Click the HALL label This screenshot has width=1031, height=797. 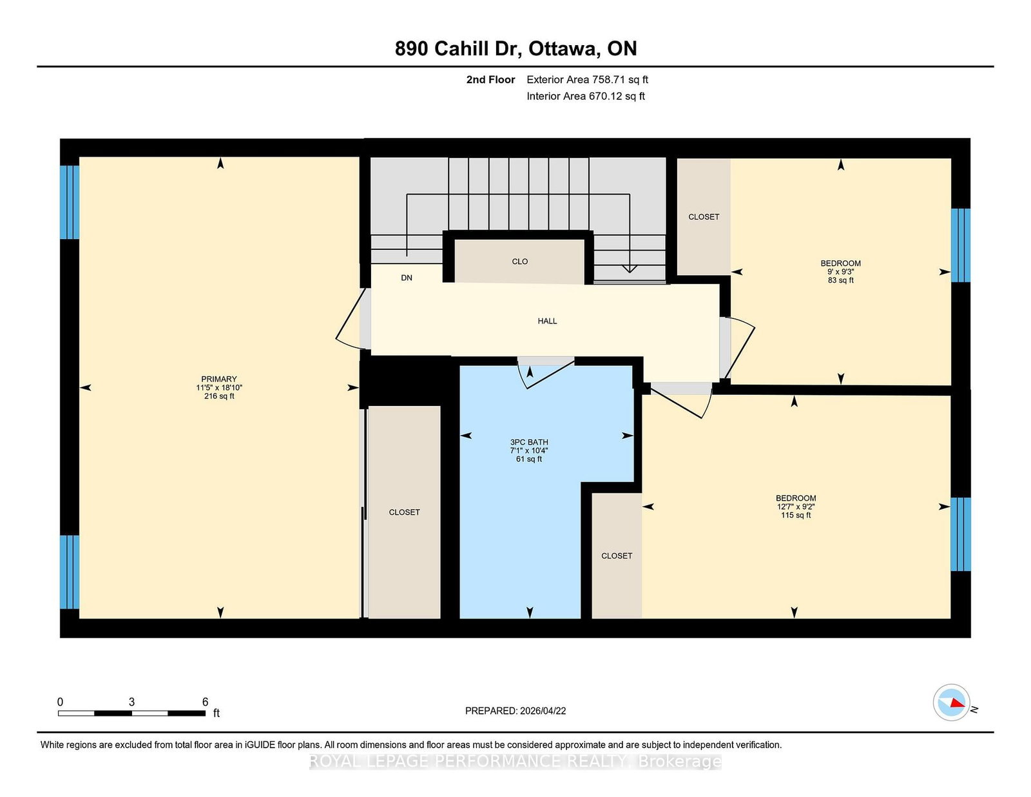(x=547, y=321)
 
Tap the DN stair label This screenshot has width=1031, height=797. (x=407, y=278)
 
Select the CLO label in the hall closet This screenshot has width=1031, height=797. (x=519, y=262)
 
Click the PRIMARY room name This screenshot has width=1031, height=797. (x=218, y=379)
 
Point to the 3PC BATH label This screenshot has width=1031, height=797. (x=529, y=442)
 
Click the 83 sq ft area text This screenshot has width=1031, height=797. (x=841, y=280)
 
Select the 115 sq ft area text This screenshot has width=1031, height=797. (x=796, y=515)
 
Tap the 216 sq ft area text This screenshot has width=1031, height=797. (x=219, y=396)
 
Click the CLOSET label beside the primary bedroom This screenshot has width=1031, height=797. (x=404, y=512)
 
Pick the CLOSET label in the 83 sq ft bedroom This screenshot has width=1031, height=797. (x=704, y=216)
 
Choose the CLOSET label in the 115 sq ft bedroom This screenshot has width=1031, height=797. (x=617, y=556)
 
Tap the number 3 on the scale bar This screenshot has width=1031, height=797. (x=131, y=702)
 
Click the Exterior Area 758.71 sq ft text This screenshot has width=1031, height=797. (x=588, y=80)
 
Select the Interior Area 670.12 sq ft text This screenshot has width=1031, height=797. (x=586, y=96)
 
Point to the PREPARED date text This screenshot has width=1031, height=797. (x=515, y=711)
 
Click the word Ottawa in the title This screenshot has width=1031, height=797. (x=563, y=49)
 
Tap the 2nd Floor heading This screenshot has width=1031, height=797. (x=490, y=80)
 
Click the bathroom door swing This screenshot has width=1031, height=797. (x=546, y=372)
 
